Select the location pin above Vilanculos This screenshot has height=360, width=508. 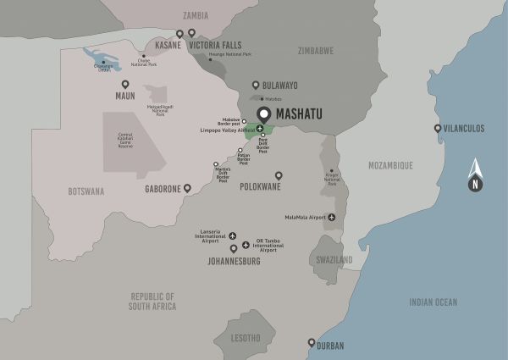click(438, 129)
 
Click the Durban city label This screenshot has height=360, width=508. click(331, 344)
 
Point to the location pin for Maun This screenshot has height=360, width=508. click(125, 85)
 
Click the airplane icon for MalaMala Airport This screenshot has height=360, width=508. click(331, 217)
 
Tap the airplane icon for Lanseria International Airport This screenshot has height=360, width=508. click(234, 237)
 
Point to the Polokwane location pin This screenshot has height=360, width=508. click(279, 176)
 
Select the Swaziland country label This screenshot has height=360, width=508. click(329, 259)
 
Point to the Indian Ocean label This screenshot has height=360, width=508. click(433, 302)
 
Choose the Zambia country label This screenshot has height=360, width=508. click(196, 14)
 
